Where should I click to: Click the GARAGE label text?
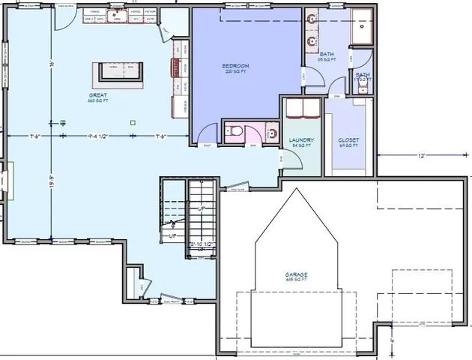(296, 276)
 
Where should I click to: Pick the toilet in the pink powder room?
(235, 132)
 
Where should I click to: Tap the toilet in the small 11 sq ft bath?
(363, 88)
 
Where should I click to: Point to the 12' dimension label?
(422, 155)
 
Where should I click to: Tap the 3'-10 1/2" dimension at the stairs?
(202, 244)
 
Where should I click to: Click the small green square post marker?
(133, 122)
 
